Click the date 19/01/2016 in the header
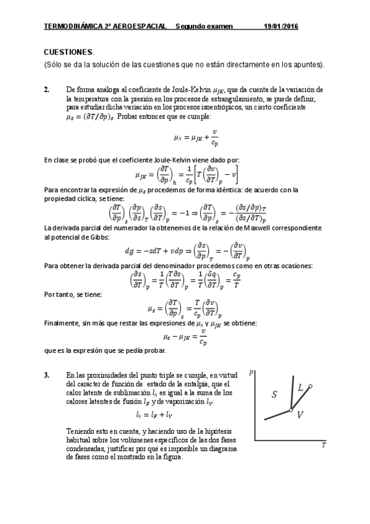280,26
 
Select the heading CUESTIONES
69,53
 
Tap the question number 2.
46,90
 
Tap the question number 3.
46,375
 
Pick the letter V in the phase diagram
300,415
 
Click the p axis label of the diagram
251,372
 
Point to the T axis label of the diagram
323,444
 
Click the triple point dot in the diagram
290,410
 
